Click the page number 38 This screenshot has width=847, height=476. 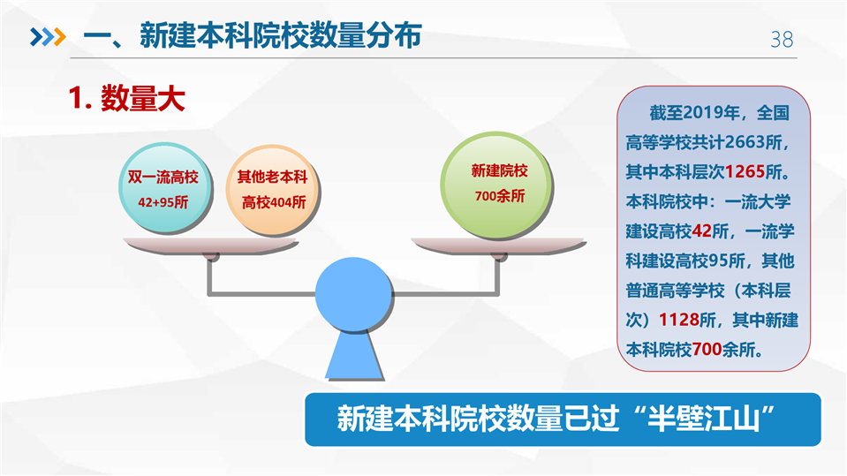click(x=782, y=40)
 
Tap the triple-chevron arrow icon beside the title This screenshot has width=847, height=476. click(x=48, y=37)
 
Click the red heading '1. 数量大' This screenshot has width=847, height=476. click(x=127, y=98)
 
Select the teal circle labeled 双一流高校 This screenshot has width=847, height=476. click(x=164, y=188)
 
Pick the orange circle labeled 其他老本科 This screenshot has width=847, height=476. click(x=273, y=190)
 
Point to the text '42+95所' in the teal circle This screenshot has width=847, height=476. click(x=163, y=202)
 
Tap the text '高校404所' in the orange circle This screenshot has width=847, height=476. click(x=274, y=202)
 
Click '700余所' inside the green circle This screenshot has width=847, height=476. click(x=500, y=195)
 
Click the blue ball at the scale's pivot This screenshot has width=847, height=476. click(x=354, y=294)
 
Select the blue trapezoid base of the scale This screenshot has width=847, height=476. click(x=354, y=356)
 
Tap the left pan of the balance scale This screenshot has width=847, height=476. click(x=211, y=246)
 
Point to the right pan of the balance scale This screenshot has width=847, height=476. click(x=499, y=246)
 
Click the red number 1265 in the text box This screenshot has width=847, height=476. click(x=745, y=172)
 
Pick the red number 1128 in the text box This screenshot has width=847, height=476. click(x=679, y=320)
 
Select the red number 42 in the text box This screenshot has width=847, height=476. click(x=701, y=231)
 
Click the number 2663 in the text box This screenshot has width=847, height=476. click(x=745, y=142)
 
